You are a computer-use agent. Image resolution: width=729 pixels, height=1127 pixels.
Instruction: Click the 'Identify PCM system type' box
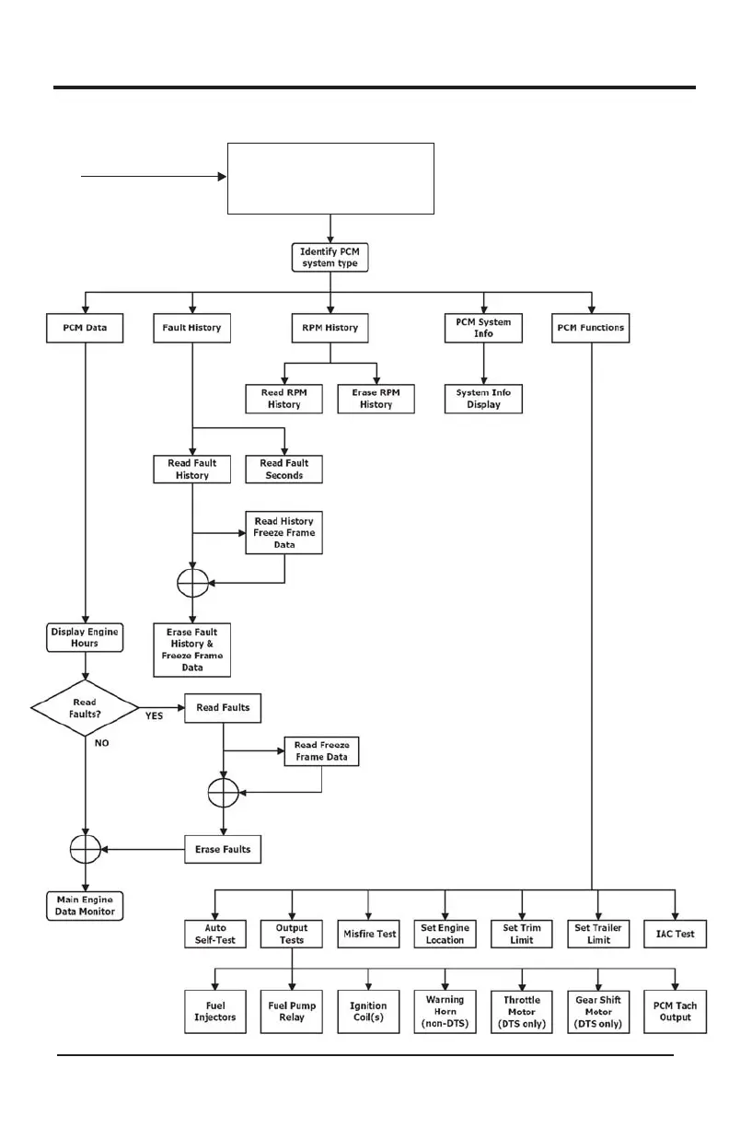[x=330, y=257]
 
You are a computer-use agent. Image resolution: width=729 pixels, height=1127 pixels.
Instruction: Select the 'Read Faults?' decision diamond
[x=84, y=708]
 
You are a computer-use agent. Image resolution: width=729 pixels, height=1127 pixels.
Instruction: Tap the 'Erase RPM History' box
[x=376, y=398]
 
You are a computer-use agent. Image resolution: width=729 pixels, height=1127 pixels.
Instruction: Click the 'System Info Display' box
[x=484, y=398]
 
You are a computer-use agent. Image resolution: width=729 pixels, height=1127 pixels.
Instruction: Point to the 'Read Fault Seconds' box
[x=284, y=469]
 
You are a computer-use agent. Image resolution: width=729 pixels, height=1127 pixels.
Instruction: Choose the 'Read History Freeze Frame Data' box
[x=283, y=533]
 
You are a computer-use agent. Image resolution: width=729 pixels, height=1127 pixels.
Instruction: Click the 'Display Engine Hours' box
[x=84, y=637]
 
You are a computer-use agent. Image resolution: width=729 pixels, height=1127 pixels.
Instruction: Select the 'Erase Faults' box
[x=223, y=849]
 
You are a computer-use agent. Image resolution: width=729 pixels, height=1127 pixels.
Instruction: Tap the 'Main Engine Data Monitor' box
[x=84, y=905]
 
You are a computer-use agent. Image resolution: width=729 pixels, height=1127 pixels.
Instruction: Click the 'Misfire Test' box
[x=368, y=934]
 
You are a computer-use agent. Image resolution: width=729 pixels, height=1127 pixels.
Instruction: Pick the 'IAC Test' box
[x=675, y=934]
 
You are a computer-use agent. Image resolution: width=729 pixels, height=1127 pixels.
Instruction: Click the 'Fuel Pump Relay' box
[x=292, y=1012]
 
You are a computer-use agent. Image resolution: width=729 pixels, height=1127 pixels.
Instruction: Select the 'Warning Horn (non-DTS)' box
[x=445, y=1012]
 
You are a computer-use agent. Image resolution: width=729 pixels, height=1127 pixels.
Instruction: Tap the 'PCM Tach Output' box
[x=675, y=1012]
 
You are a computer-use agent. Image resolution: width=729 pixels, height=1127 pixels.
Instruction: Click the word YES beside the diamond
[x=156, y=715]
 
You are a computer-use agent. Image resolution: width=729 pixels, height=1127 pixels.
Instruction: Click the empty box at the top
[x=330, y=179]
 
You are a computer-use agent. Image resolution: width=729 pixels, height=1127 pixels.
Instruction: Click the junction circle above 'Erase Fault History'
[x=192, y=582]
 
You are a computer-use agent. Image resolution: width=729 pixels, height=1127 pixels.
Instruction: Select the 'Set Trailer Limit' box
[x=599, y=934]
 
